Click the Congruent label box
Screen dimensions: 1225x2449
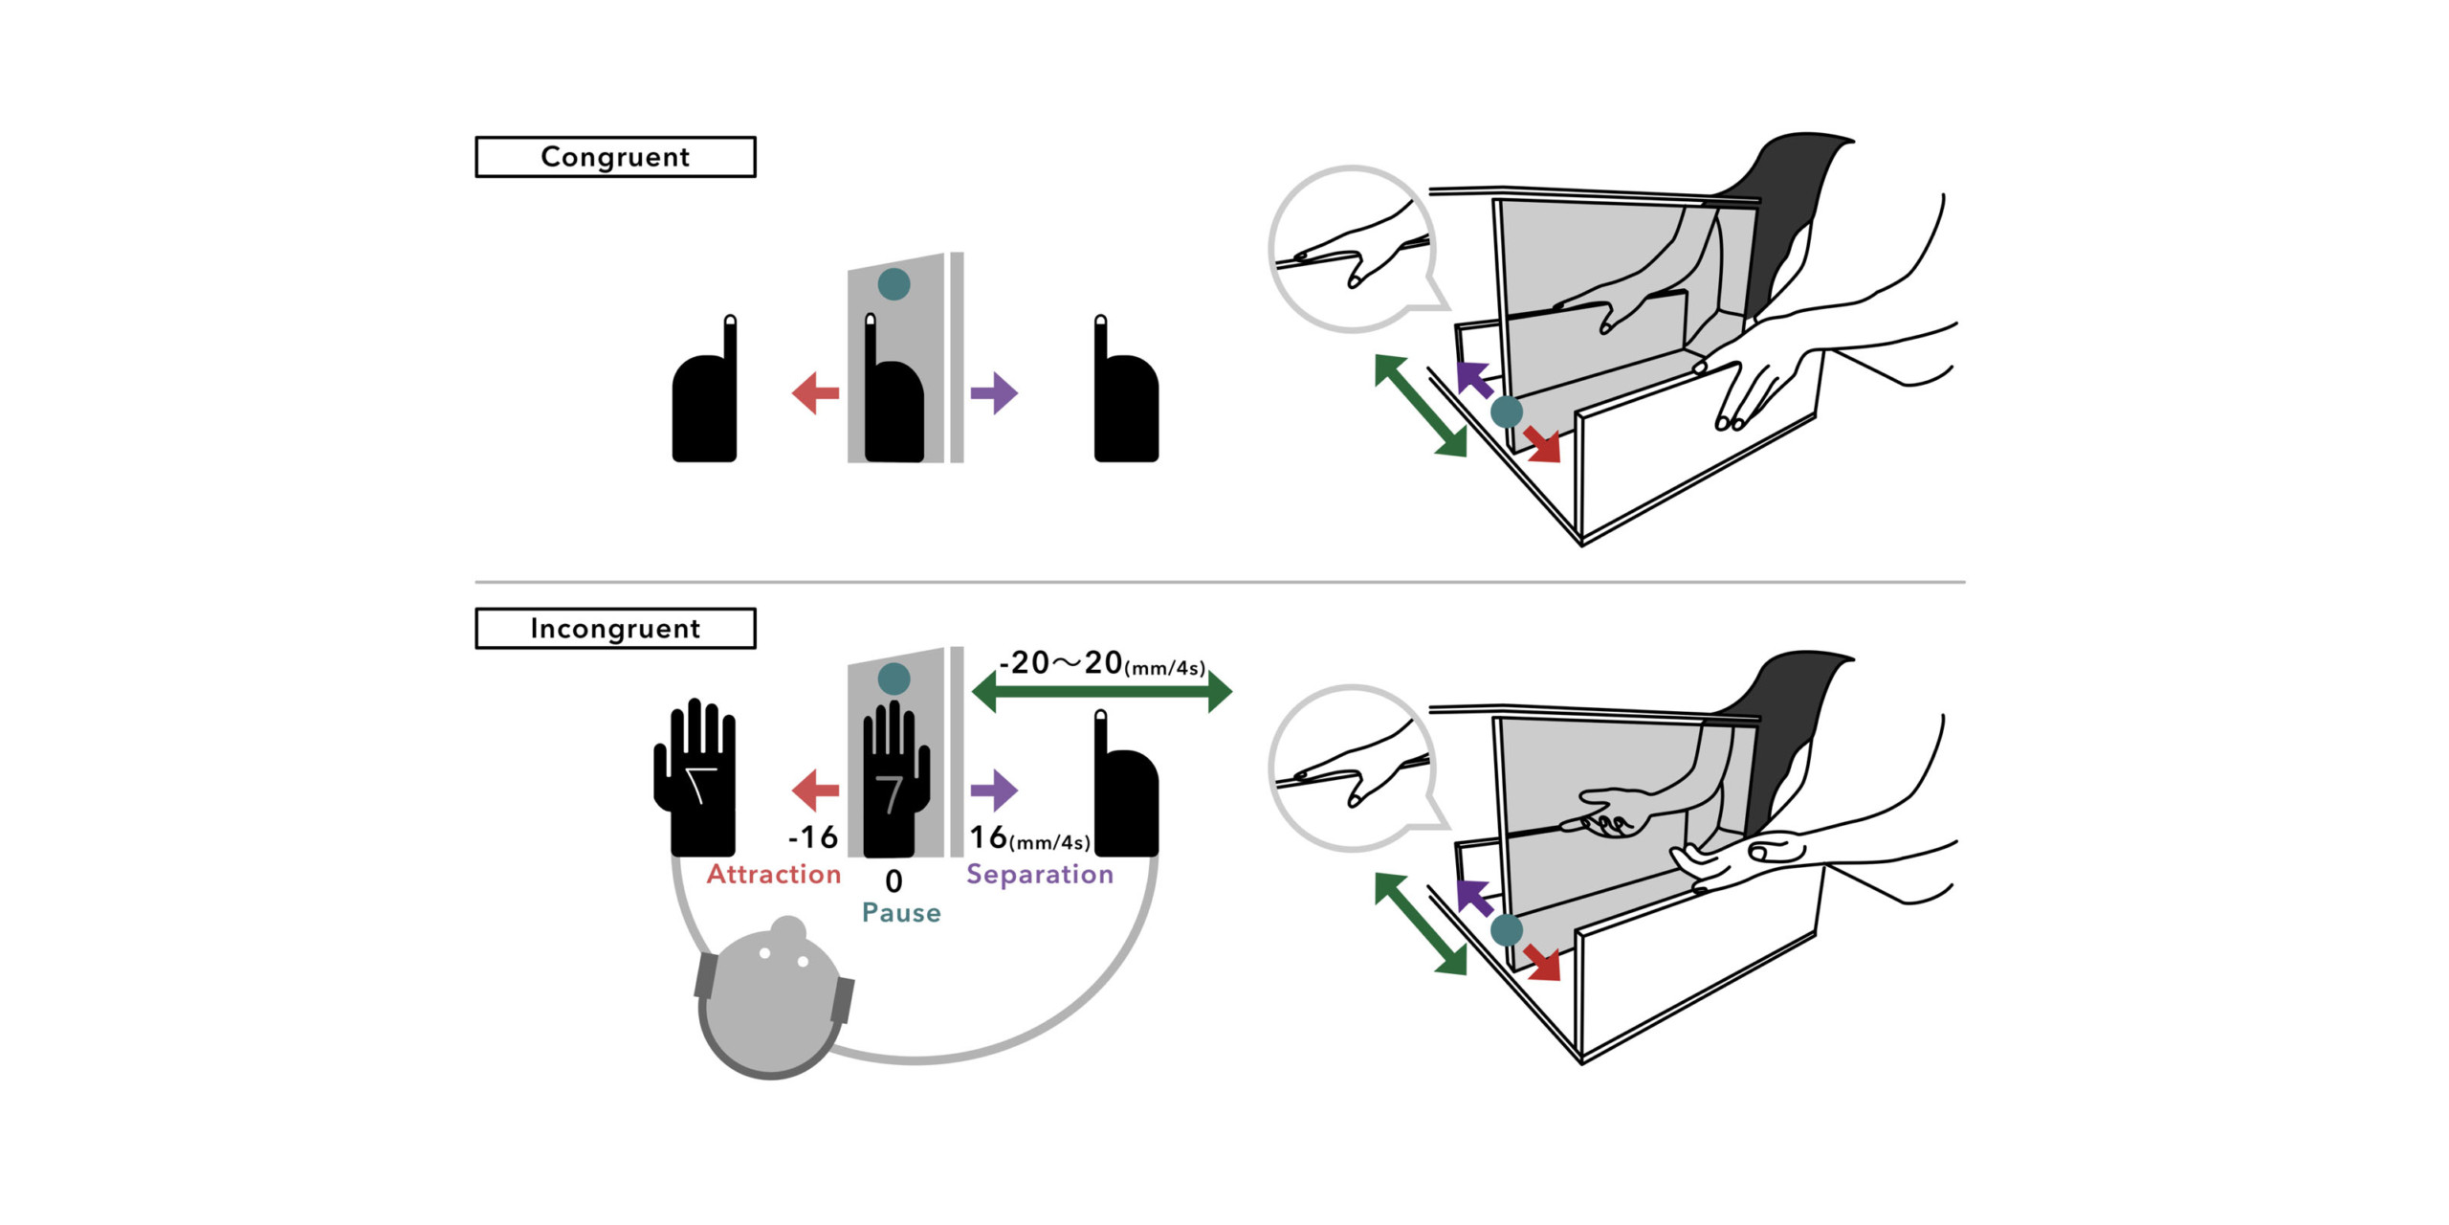[615, 157]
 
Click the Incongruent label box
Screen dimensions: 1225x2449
[615, 629]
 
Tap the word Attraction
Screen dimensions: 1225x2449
[773, 874]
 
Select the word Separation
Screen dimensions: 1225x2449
[1040, 874]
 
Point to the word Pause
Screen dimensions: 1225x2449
[901, 913]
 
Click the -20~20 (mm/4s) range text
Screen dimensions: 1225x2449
[1101, 663]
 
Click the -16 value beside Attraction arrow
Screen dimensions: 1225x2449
[813, 837]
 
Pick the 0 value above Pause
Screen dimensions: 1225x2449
[894, 880]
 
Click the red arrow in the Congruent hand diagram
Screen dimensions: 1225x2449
[815, 392]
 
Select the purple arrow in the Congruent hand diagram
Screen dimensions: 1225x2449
[994, 392]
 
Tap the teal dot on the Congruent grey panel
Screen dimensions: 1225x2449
[894, 284]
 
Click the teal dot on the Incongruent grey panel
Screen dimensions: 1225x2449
[894, 679]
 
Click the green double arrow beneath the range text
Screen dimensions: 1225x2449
[1101, 692]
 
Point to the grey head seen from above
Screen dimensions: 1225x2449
[772, 1000]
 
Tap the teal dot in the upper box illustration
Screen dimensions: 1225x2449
[1507, 412]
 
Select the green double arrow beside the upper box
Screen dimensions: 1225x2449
[1421, 405]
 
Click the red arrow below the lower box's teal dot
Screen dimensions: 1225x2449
[1542, 963]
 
